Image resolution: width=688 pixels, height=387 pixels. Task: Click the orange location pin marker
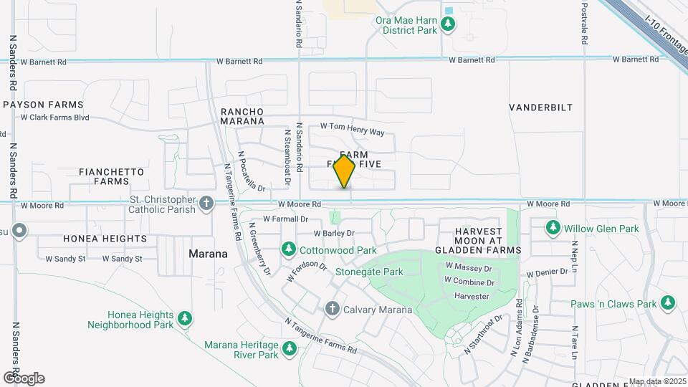click(x=345, y=171)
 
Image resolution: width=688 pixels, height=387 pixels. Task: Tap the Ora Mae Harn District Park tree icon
click(x=449, y=25)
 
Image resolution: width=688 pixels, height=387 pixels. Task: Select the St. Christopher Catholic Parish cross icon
click(x=206, y=203)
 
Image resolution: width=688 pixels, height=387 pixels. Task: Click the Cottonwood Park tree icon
click(x=289, y=249)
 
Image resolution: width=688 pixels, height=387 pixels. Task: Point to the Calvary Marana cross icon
click(x=332, y=309)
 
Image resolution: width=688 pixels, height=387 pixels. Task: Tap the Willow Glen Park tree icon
click(x=553, y=228)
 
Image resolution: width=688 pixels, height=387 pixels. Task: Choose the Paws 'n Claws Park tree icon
click(x=668, y=302)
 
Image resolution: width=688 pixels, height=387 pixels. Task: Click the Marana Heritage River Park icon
click(x=290, y=349)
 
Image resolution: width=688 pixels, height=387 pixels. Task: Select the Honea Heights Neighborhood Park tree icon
click(x=185, y=317)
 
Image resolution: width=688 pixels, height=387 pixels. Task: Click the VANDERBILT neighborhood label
click(x=541, y=107)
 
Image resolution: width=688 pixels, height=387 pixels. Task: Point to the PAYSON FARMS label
click(x=43, y=105)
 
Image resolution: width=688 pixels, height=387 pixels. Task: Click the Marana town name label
click(x=208, y=254)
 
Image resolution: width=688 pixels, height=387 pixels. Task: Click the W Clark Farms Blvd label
click(x=55, y=117)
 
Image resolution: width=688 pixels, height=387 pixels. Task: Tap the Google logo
click(x=23, y=378)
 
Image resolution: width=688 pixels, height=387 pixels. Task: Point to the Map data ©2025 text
click(x=656, y=382)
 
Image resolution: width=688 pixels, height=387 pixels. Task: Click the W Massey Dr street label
click(x=469, y=267)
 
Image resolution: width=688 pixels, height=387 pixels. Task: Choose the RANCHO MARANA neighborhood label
click(x=242, y=116)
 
